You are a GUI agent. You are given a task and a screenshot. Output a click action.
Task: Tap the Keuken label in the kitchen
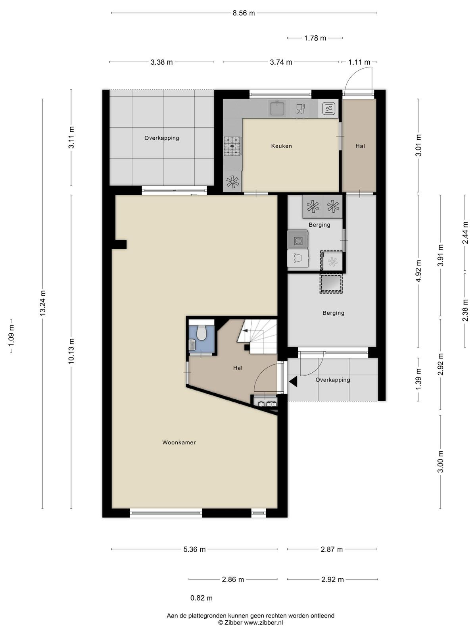282,146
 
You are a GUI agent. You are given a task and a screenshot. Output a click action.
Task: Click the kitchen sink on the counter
277,108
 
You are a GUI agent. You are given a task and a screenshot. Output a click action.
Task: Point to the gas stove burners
233,146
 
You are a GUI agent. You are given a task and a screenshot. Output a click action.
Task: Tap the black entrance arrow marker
293,381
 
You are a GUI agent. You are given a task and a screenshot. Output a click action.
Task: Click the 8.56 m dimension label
244,13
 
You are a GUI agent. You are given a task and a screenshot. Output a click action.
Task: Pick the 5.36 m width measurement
194,549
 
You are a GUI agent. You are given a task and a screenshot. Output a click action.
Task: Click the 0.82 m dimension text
202,598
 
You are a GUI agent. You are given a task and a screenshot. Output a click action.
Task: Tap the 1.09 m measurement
11,336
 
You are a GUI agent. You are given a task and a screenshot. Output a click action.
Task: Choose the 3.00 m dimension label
440,462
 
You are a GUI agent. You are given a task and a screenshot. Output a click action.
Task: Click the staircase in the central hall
257,337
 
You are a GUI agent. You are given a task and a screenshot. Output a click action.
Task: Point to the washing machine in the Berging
297,240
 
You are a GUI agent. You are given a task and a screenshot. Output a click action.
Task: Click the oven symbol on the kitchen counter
329,109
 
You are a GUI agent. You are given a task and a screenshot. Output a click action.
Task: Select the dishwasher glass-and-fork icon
301,108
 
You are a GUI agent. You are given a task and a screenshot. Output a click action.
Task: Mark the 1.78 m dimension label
315,38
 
